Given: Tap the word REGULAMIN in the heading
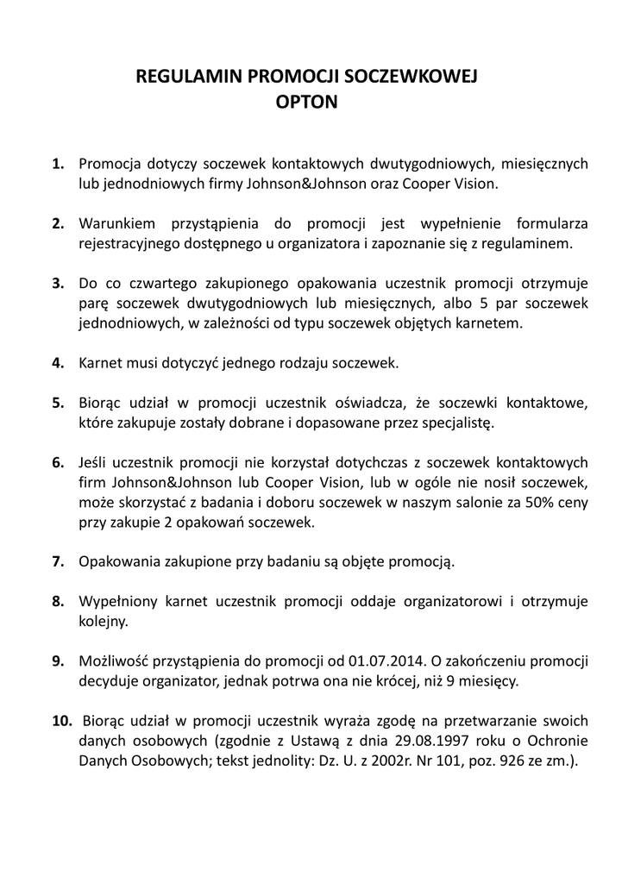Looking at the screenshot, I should (190, 78).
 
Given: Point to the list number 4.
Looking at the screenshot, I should (58, 363).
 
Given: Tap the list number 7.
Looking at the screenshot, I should (58, 560).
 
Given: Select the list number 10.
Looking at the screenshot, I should (61, 722).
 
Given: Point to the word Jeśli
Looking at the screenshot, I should (94, 461).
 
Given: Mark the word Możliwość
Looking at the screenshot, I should (115, 661).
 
